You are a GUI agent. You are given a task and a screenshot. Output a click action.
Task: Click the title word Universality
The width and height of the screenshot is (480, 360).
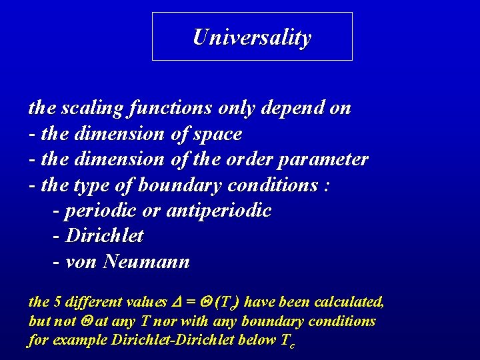coord(251,37)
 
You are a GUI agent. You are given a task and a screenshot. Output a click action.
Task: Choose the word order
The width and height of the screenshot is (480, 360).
coord(256,160)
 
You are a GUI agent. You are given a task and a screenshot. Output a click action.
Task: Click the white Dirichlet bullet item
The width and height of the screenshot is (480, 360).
coord(105,236)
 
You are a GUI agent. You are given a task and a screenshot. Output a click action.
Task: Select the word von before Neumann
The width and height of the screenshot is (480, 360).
coord(82,262)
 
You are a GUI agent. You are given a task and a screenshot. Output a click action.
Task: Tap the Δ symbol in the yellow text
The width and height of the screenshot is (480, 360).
coord(177,302)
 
